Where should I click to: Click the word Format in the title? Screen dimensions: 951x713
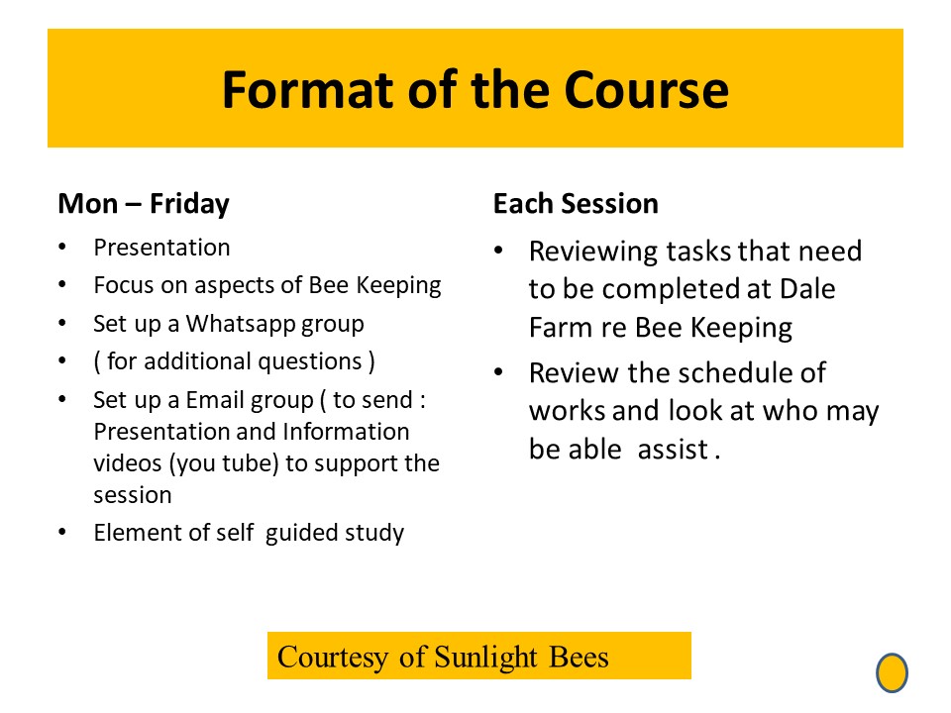click(309, 90)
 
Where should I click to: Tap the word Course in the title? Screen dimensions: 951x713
click(646, 90)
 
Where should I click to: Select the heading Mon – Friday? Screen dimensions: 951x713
click(144, 204)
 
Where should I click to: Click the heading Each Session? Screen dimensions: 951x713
click(576, 203)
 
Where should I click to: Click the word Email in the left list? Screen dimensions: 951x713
click(215, 400)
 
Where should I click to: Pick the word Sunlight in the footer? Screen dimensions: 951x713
click(485, 658)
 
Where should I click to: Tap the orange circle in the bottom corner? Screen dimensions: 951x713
click(892, 672)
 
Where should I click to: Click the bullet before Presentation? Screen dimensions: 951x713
click(62, 247)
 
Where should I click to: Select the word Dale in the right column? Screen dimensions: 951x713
click(807, 288)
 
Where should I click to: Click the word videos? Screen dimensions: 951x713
click(128, 463)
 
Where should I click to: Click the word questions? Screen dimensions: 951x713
click(310, 362)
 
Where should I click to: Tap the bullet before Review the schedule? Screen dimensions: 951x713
click(498, 371)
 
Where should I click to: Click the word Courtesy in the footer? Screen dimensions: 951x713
click(333, 658)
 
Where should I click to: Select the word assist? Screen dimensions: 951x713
click(673, 450)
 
